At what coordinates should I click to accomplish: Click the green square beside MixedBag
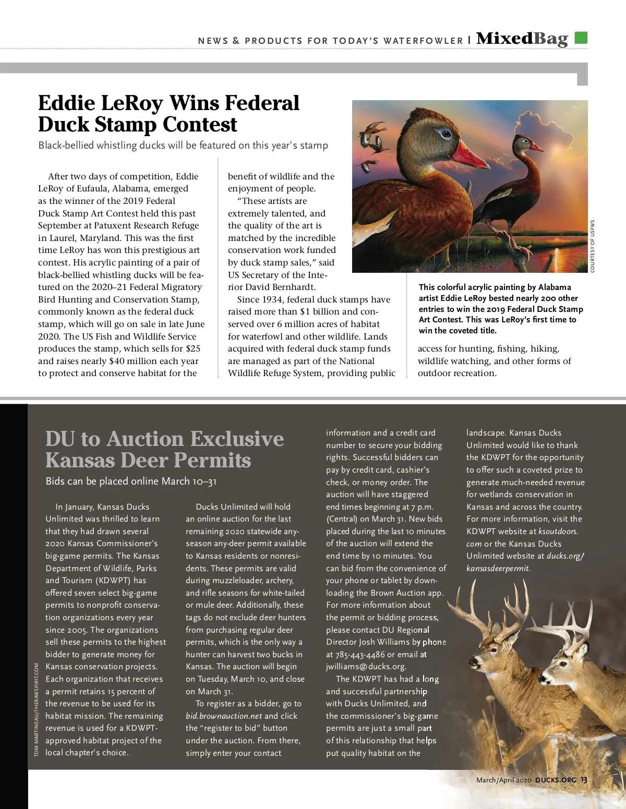pyautogui.click(x=581, y=38)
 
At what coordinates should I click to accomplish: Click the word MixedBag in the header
pyautogui.click(x=522, y=39)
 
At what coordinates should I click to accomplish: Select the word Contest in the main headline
pyautogui.click(x=200, y=125)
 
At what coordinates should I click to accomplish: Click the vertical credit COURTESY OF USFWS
pyautogui.click(x=593, y=246)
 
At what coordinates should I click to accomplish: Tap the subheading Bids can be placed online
pyautogui.click(x=130, y=481)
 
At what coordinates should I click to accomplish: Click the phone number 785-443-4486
pyautogui.click(x=360, y=655)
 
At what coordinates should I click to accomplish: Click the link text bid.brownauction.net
pyautogui.click(x=224, y=716)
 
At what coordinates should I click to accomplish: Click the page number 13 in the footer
pyautogui.click(x=584, y=780)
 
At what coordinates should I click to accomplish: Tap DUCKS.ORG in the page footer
pyautogui.click(x=556, y=780)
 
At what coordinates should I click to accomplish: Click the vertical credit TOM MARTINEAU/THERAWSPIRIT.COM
pyautogui.click(x=37, y=709)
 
